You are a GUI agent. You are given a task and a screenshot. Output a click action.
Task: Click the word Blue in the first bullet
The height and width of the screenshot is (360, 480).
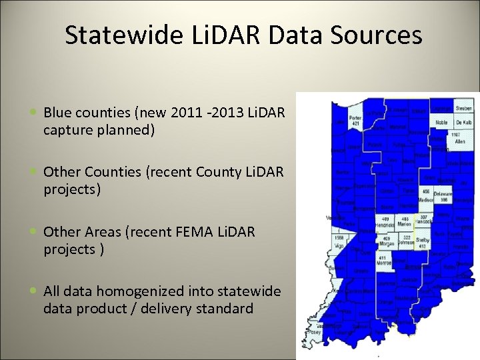(58, 113)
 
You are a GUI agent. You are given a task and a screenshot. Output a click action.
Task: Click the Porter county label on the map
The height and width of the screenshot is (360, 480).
(357, 117)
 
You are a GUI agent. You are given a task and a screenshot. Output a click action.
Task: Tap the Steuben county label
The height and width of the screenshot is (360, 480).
(463, 108)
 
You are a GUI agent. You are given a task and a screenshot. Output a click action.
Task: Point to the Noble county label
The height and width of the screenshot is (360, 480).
(441, 123)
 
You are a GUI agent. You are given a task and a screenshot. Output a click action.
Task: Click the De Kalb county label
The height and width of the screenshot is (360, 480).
(464, 123)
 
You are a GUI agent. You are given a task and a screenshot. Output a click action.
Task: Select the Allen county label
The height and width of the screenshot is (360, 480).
(459, 142)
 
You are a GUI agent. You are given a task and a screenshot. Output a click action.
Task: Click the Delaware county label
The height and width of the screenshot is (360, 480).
(443, 194)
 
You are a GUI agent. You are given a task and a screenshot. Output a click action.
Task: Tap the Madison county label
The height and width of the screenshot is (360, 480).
(425, 200)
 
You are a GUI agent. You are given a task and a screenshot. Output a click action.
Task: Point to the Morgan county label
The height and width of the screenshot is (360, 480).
(387, 243)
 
